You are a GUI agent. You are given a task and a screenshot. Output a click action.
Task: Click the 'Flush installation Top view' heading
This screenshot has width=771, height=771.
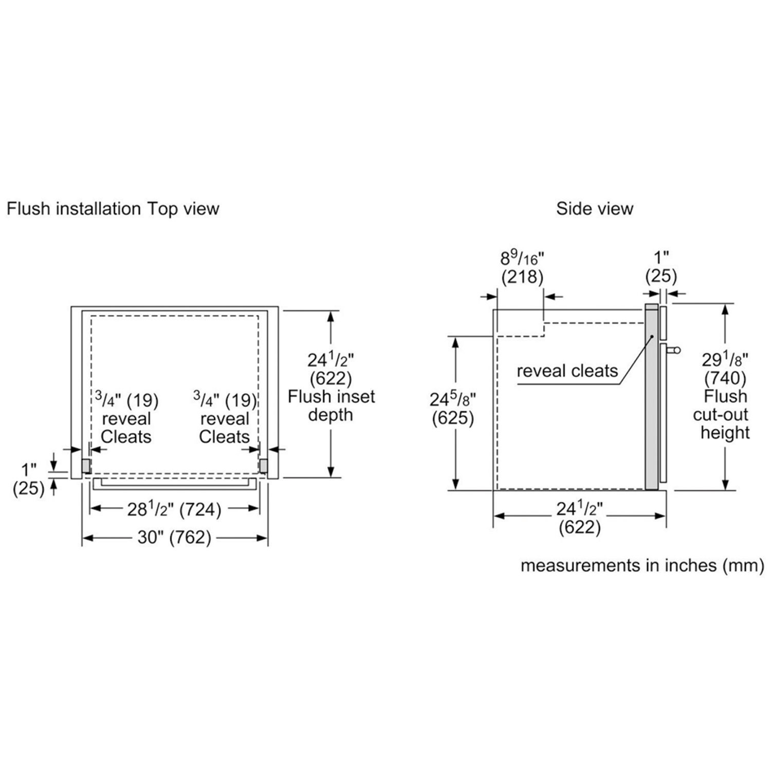pyautogui.click(x=113, y=209)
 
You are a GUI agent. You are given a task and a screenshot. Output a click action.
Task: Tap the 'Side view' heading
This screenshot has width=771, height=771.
pyautogui.click(x=595, y=209)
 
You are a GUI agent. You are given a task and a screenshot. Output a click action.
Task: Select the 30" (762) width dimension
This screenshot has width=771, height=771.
pyautogui.click(x=174, y=538)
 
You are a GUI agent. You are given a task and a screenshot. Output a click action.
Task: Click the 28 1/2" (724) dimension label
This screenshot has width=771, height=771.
pyautogui.click(x=174, y=509)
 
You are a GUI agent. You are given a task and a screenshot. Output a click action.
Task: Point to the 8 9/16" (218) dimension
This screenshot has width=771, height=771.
pyautogui.click(x=522, y=267)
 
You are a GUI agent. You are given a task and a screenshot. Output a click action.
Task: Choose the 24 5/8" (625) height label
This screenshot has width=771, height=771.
pyautogui.click(x=453, y=409)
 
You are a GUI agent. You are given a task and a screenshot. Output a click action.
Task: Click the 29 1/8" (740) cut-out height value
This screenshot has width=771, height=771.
pyautogui.click(x=725, y=369)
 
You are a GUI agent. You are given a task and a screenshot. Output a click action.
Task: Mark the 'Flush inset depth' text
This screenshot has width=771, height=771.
pyautogui.click(x=331, y=406)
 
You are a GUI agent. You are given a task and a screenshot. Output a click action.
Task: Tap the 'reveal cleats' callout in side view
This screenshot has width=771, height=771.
pyautogui.click(x=567, y=371)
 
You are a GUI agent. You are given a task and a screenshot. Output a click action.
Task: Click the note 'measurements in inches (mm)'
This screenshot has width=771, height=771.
pyautogui.click(x=642, y=565)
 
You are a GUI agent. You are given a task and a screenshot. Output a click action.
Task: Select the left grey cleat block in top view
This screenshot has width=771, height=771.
pyautogui.click(x=86, y=466)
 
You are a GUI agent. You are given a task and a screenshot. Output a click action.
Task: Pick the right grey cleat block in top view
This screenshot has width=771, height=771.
pyautogui.click(x=263, y=466)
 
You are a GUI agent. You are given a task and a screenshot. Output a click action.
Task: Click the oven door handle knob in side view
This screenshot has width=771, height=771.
pyautogui.click(x=676, y=351)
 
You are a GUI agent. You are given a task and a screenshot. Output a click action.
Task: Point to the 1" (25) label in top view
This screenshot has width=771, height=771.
pyautogui.click(x=29, y=479)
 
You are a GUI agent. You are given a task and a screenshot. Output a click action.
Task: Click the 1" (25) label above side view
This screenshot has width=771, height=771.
pyautogui.click(x=661, y=267)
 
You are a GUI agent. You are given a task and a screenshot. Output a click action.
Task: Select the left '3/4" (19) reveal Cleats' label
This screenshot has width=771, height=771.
pyautogui.click(x=126, y=418)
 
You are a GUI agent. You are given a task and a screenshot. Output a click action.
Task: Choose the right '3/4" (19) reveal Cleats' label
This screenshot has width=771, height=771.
pyautogui.click(x=225, y=418)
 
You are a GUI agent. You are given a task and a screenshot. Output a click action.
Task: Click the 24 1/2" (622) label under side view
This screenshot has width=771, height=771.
pyautogui.click(x=580, y=518)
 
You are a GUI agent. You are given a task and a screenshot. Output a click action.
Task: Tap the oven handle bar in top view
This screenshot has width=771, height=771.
pyautogui.click(x=174, y=484)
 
